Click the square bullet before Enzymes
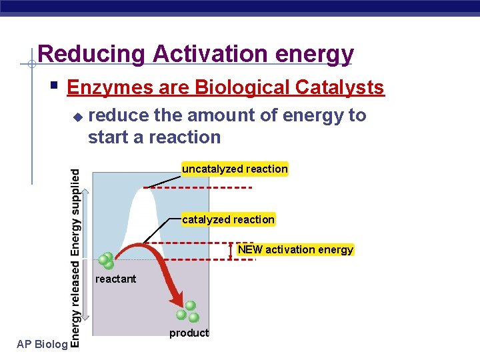(x=55, y=86)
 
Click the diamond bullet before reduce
(x=77, y=117)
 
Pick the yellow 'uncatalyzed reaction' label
(x=235, y=169)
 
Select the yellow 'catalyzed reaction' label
(x=228, y=219)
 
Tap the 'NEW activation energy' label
(x=295, y=249)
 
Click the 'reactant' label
(x=115, y=279)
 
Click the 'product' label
(x=189, y=333)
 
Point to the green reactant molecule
(x=105, y=261)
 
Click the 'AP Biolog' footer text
(x=41, y=344)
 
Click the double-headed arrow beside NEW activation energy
(x=230, y=250)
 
